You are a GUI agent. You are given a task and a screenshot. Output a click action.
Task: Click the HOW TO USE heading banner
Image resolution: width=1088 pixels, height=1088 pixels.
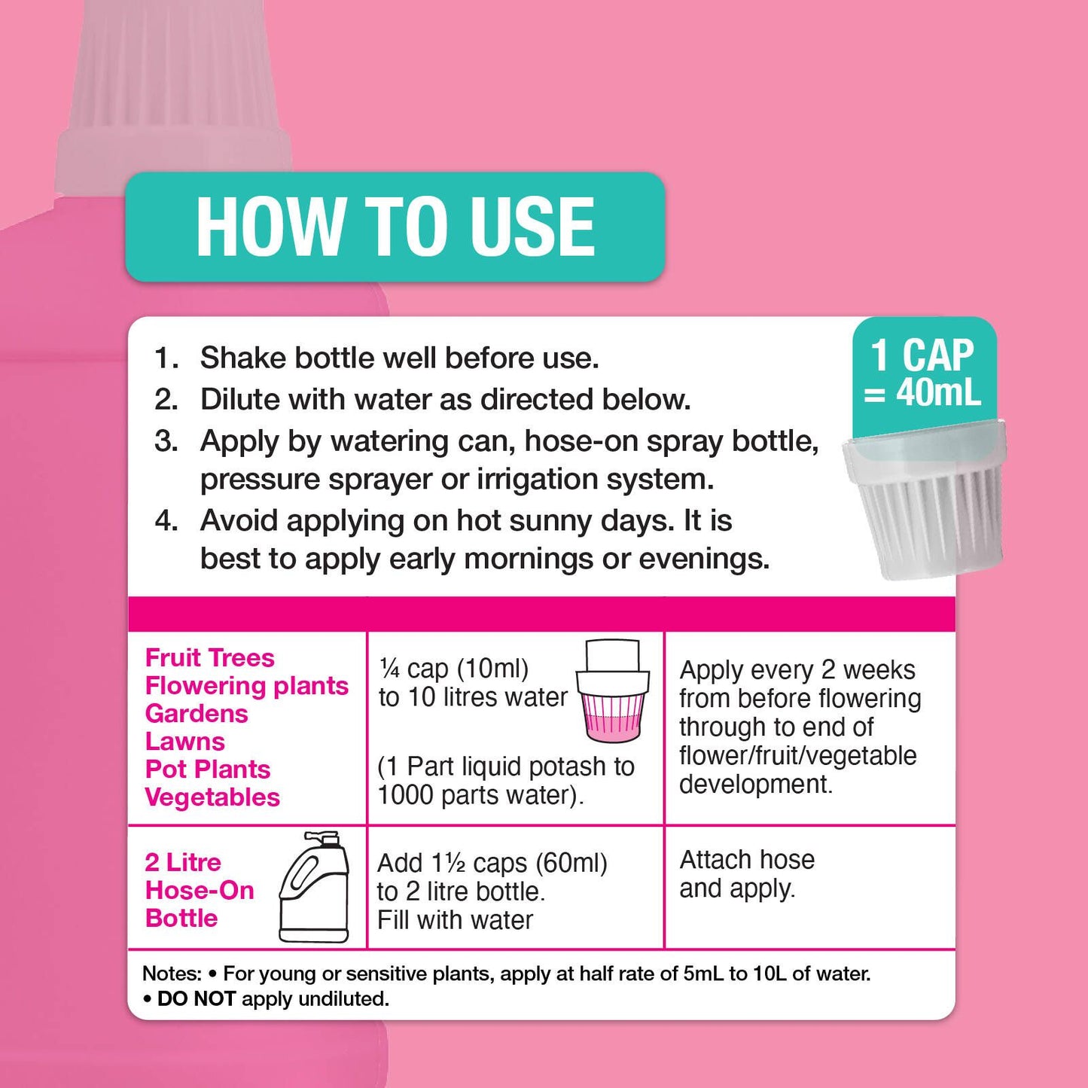coord(395,227)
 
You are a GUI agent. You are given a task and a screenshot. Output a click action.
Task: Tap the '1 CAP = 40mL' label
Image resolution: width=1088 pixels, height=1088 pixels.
coord(923,373)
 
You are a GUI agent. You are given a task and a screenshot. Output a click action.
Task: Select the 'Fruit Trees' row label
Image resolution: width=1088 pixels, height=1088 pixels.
coord(209,658)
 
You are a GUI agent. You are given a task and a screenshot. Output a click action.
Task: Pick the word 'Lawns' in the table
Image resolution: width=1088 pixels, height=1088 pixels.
coord(184,742)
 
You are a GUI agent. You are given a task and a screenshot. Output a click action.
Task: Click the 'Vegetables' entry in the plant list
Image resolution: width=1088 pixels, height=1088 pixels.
coord(212,797)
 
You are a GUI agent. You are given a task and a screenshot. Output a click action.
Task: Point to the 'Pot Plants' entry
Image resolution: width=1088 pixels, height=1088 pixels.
coord(208,770)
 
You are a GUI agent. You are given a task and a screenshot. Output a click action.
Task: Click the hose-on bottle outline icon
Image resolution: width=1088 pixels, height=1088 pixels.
coord(315,886)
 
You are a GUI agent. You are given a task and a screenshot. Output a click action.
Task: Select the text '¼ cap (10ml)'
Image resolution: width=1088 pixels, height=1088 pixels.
coord(454,669)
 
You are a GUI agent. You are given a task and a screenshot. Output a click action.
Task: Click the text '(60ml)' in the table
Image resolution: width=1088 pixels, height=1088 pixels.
coord(571,863)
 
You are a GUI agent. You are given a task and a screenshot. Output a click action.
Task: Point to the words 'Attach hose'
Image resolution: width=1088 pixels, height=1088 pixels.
coord(747,860)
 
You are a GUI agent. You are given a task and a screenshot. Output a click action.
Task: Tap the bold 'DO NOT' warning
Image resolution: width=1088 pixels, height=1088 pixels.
coord(196,999)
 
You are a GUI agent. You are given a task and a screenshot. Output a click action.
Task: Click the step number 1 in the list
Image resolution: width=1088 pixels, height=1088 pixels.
coord(166,358)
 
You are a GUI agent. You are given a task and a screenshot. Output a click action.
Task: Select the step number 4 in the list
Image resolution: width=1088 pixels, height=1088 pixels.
coord(166,520)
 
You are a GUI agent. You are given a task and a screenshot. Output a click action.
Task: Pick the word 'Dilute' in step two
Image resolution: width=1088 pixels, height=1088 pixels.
coord(240,399)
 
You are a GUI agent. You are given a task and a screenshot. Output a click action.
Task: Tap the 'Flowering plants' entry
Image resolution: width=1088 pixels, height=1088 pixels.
coord(247,686)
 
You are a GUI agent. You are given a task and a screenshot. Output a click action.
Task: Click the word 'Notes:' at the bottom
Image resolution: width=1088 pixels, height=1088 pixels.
coord(172,974)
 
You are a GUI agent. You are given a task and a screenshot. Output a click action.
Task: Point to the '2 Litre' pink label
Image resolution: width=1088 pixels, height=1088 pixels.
coord(183,862)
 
